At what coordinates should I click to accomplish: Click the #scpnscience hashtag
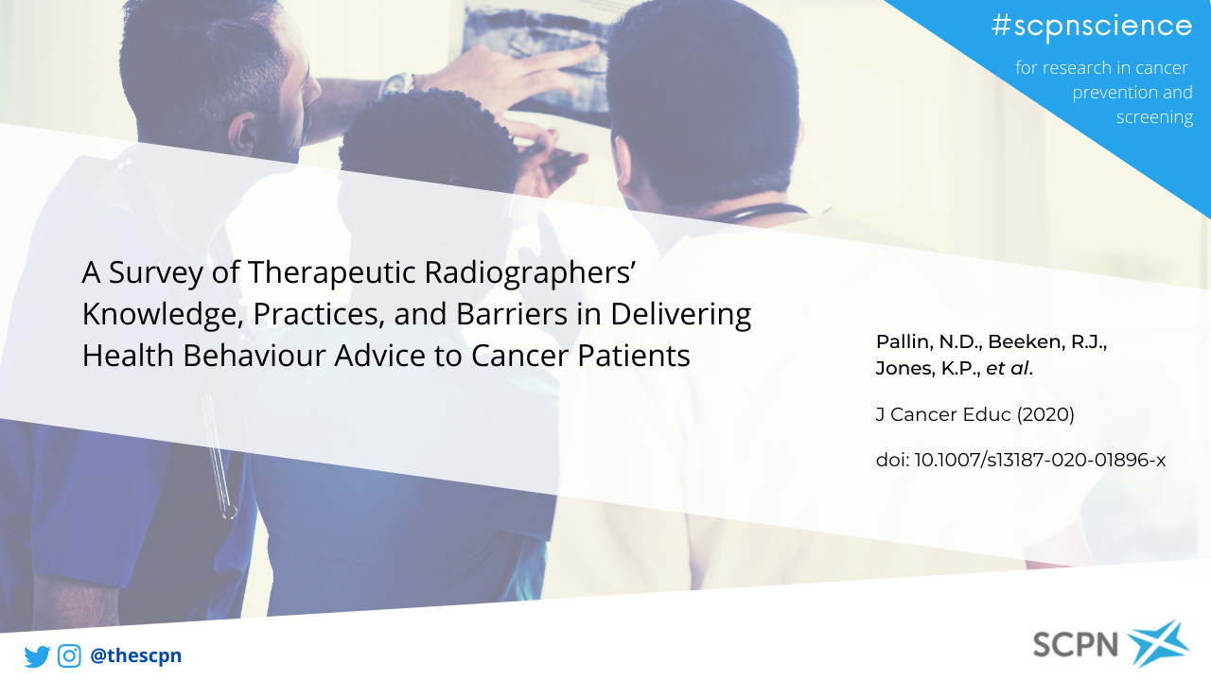click(1092, 26)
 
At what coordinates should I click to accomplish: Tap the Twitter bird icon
click(37, 656)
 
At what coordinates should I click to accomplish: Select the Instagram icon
click(69, 655)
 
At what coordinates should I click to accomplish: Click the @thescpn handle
click(135, 655)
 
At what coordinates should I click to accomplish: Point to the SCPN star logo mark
click(1158, 643)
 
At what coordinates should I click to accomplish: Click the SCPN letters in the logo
click(1076, 644)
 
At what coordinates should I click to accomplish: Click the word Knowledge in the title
click(162, 315)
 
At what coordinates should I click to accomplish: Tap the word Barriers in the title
click(512, 314)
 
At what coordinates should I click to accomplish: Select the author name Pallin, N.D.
click(930, 342)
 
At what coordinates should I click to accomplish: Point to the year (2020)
click(1045, 414)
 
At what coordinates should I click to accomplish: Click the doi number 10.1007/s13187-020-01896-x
click(1040, 460)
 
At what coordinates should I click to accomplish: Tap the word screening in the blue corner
click(1154, 117)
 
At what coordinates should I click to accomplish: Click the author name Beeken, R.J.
click(1047, 342)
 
